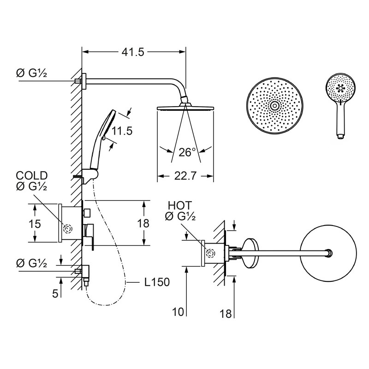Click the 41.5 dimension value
click(133, 52)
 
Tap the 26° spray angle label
click(187, 152)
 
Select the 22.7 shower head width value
click(185, 176)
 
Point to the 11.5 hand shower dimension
click(122, 131)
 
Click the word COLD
click(32, 176)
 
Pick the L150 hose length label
click(157, 282)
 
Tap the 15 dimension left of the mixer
click(35, 224)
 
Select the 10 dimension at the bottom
click(178, 312)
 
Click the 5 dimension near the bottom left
click(55, 293)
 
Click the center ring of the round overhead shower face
click(274, 106)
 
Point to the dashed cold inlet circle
click(68, 228)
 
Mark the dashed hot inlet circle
click(210, 253)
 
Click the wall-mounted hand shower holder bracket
click(90, 176)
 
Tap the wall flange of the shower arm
click(84, 81)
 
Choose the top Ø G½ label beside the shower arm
click(31, 73)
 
